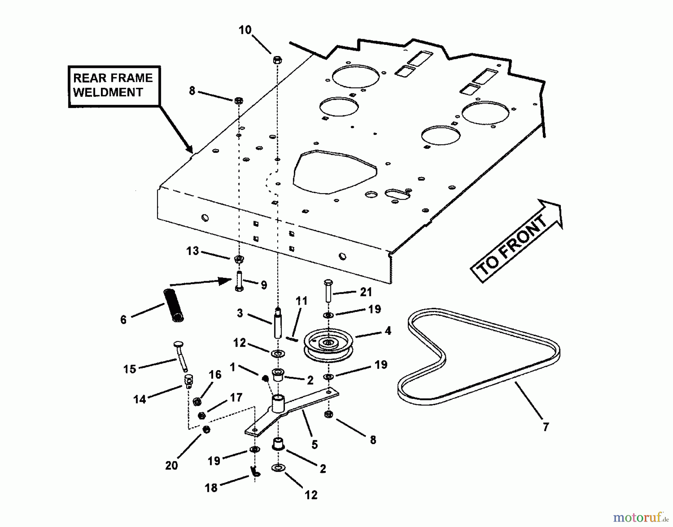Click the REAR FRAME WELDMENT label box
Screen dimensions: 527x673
(x=114, y=86)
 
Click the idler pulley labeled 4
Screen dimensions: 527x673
(x=328, y=347)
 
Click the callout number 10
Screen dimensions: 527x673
(x=245, y=30)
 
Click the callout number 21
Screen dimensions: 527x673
(x=366, y=292)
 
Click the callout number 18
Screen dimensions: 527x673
(x=211, y=487)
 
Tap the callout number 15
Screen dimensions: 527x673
(x=129, y=369)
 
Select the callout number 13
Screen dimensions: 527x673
(x=192, y=251)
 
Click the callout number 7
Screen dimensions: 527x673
(x=546, y=427)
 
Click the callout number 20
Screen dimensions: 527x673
(x=171, y=465)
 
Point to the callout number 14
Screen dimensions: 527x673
(x=139, y=400)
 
